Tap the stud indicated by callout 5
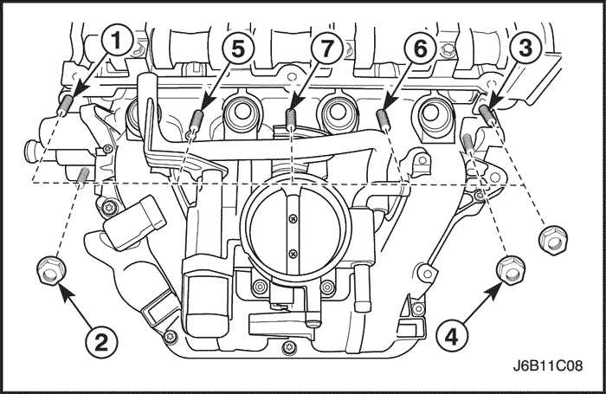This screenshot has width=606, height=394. pos(197,119)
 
